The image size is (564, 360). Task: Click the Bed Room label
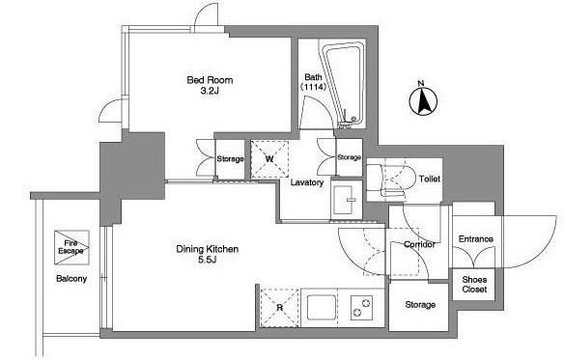pos(210,80)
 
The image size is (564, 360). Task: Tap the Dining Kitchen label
pos(208,249)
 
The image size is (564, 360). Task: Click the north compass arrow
pos(424,101)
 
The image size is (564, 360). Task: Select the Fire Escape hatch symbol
pos(71,247)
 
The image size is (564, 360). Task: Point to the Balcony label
pos(71,278)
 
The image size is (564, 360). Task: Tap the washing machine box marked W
pos(269,159)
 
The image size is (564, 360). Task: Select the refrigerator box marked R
pos(280,308)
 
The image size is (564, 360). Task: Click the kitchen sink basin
pos(322,307)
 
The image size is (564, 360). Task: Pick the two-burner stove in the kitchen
pos(361,308)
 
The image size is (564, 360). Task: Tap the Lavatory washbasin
pos(346,200)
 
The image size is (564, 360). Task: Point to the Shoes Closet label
pos(474,284)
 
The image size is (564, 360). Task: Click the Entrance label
pos(476,238)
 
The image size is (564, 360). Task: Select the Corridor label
pos(419,244)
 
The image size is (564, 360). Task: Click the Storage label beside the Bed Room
pos(230,158)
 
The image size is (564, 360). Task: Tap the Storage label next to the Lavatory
pos(349,157)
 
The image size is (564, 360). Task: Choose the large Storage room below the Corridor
pos(419,306)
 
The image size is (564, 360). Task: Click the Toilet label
pos(430,179)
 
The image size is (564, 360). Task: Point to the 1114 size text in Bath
pos(313,87)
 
